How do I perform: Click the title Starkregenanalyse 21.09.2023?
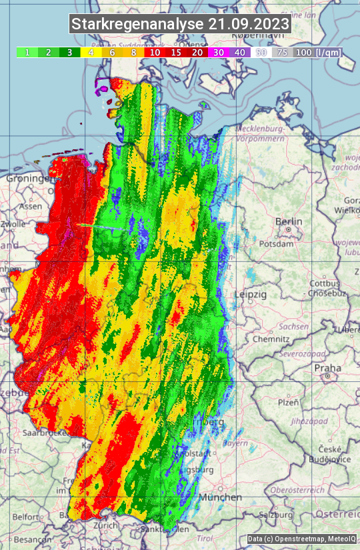pos(180,25)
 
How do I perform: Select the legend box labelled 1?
pos(27,52)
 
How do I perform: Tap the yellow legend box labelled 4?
pos(91,52)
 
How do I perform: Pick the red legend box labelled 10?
pos(155,52)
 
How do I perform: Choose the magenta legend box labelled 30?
pos(218,52)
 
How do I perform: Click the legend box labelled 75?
pos(282,52)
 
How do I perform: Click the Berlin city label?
pos(289,221)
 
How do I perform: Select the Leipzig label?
pos(251,294)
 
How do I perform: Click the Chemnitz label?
pos(270,339)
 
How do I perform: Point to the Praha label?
pos(327,367)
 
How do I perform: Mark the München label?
pos(220,497)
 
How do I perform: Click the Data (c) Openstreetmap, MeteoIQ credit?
pos(301,539)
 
